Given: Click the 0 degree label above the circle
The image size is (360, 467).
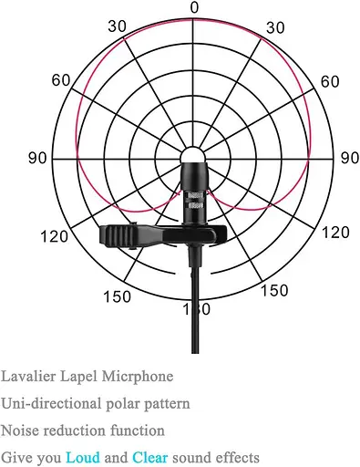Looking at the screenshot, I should tap(193, 7).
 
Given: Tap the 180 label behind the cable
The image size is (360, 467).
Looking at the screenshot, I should tap(193, 310).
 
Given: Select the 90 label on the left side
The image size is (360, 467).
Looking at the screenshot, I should tap(38, 158).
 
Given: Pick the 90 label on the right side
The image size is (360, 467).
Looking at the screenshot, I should tap(349, 158).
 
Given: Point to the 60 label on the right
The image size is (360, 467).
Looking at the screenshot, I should tap(330, 81).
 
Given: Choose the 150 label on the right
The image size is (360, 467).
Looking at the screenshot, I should tap(275, 291).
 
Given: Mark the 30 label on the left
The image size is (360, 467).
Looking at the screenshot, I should tap(117, 26).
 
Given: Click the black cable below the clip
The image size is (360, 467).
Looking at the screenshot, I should tap(193, 301).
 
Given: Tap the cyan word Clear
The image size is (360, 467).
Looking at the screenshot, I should tap(150, 457).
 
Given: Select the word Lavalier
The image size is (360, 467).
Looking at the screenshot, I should tap(26, 376).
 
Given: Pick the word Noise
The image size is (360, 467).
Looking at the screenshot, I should tap(19, 430).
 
